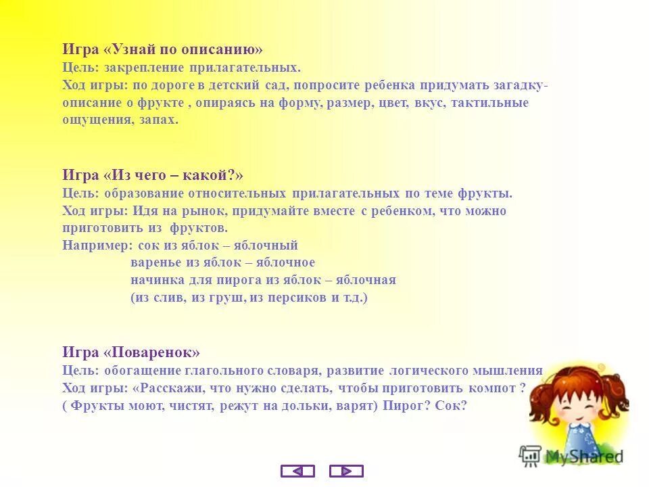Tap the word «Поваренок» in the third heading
click(152, 352)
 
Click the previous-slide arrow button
click(297, 471)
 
